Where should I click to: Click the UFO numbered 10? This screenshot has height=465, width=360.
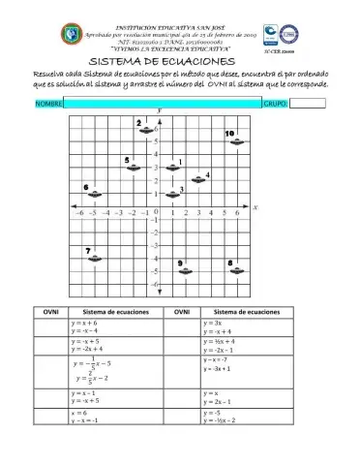[238, 141]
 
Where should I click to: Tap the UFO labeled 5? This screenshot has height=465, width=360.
[134, 168]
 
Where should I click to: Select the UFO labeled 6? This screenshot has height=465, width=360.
[94, 194]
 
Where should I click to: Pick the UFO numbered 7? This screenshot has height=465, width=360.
[95, 260]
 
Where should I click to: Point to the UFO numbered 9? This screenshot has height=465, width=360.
[186, 270]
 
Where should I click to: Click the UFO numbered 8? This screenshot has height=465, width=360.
[238, 270]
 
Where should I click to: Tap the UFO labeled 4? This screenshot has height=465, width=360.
[199, 180]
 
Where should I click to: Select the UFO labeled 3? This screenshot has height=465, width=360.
[173, 194]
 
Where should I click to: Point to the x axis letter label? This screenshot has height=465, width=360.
[255, 207]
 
